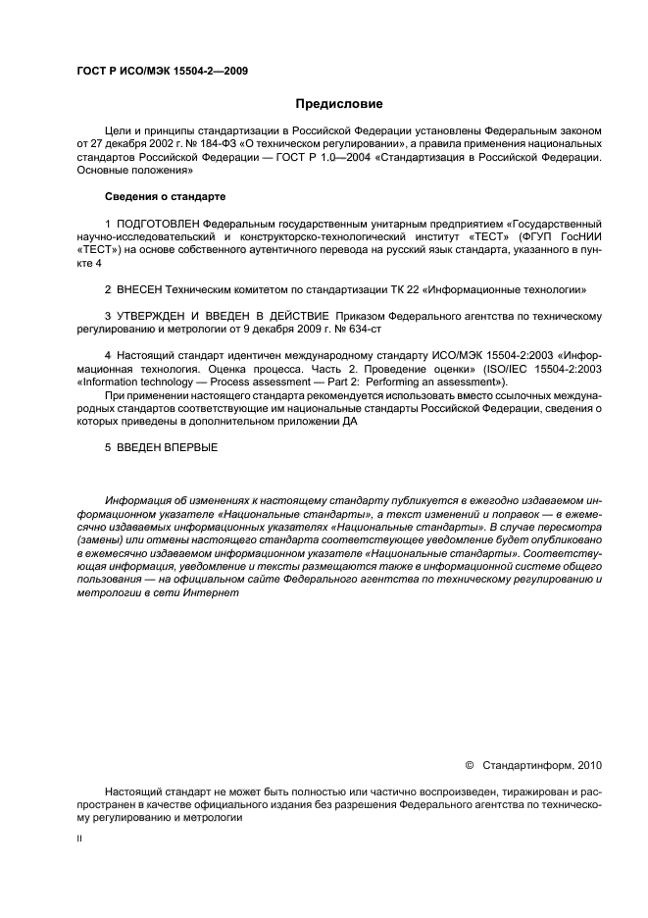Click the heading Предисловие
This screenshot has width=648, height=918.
point(339,103)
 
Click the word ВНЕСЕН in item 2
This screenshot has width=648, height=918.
point(143,291)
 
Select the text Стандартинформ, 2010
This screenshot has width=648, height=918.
point(544,765)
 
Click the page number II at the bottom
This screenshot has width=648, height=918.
point(78,841)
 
